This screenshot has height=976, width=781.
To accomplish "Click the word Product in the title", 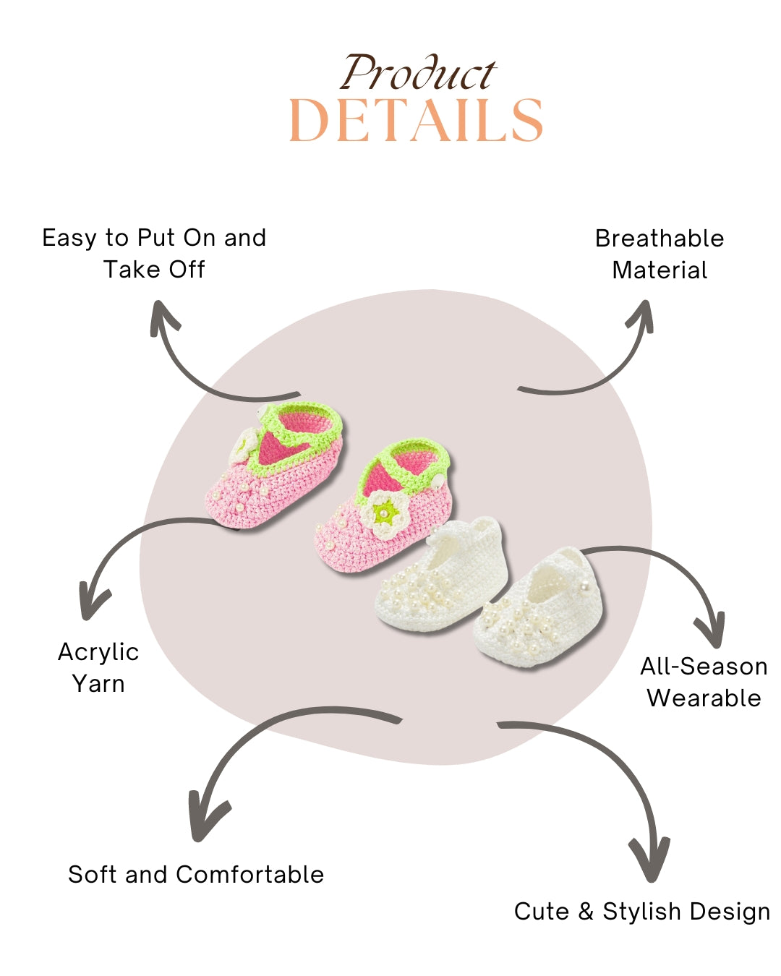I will (x=418, y=74).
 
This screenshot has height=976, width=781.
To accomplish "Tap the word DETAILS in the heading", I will (x=416, y=121).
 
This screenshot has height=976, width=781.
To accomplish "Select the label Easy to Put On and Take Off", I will (x=154, y=253).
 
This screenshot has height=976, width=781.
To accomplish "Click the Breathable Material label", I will (x=660, y=254).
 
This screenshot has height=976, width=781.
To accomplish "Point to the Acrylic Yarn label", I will (x=98, y=667).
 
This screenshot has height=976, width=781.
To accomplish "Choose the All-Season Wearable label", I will (x=704, y=682).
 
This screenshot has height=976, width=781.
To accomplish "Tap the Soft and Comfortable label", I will (x=196, y=874).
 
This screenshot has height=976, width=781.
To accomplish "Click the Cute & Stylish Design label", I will (x=642, y=911).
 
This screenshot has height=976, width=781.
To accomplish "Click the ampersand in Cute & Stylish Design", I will (x=586, y=911).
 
